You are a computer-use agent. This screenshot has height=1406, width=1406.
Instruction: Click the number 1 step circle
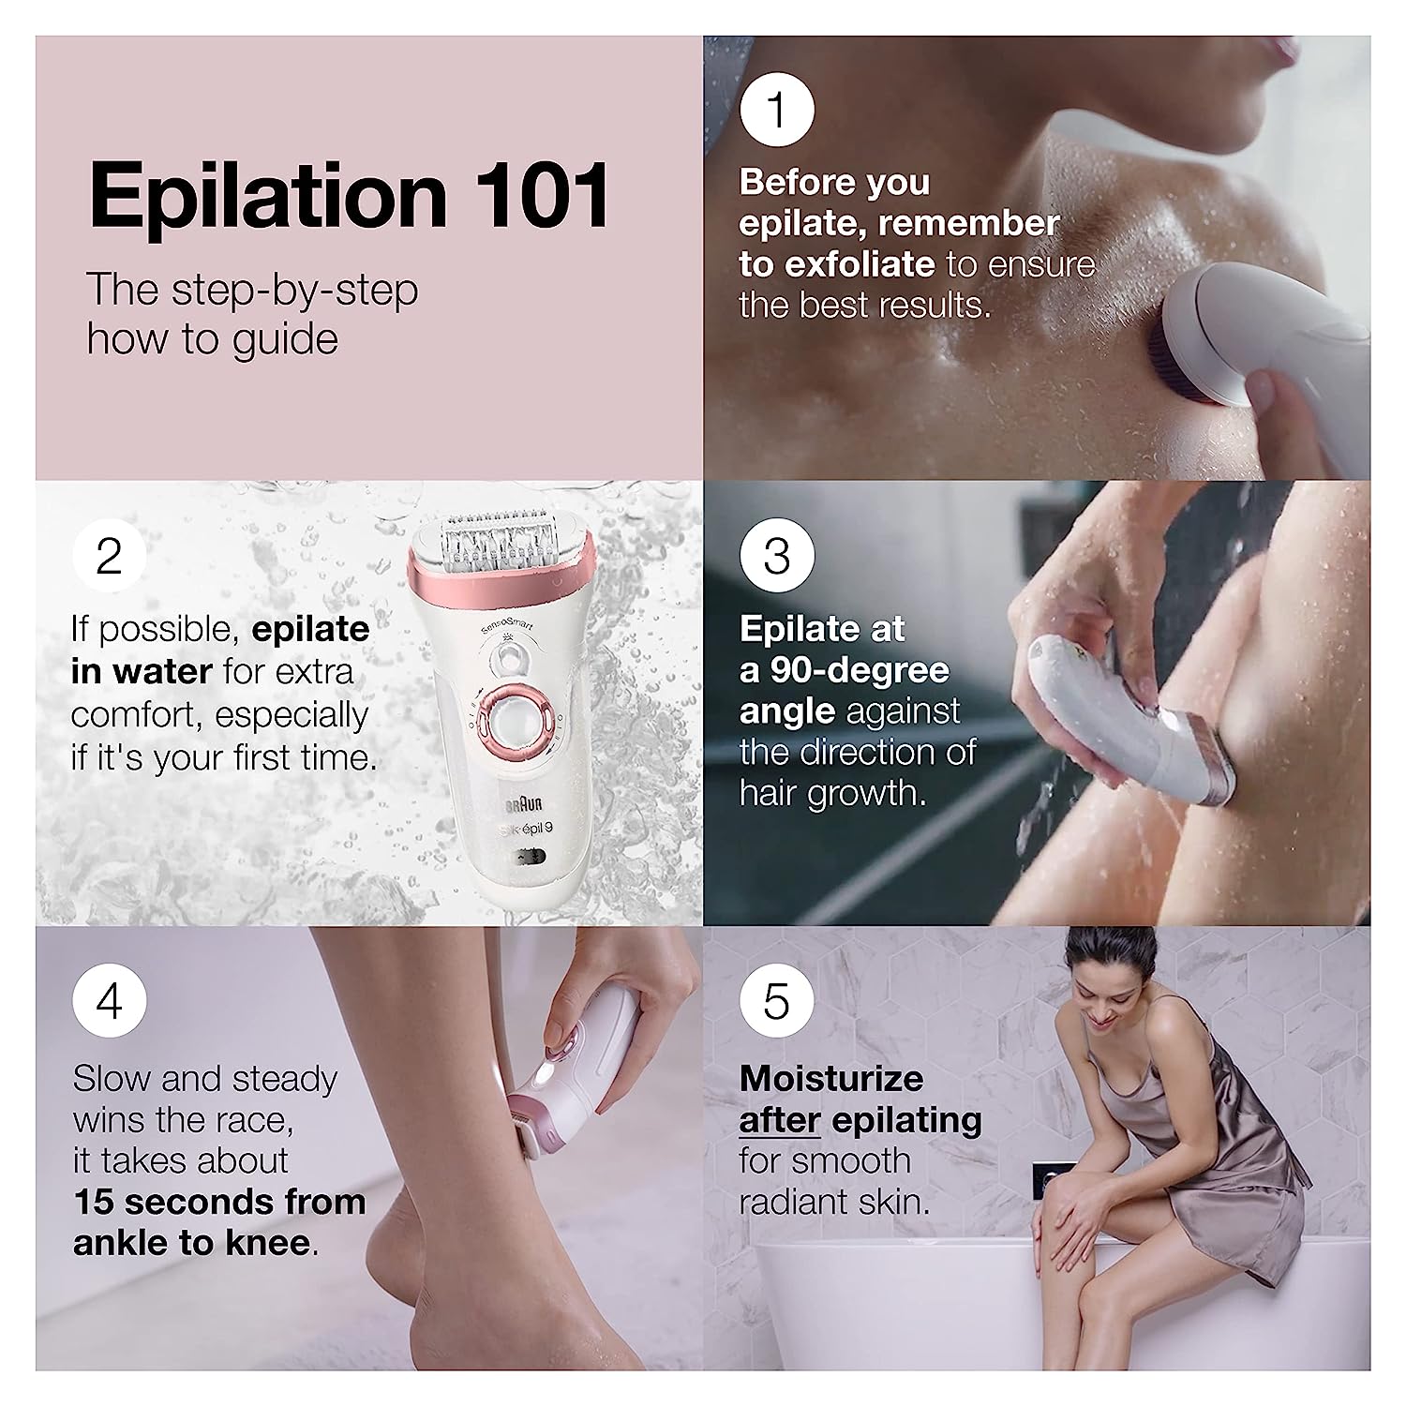pyautogui.click(x=776, y=110)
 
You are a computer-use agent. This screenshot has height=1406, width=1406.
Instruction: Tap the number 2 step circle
pyautogui.click(x=110, y=556)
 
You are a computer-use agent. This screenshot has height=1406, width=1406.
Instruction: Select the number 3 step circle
pyautogui.click(x=776, y=556)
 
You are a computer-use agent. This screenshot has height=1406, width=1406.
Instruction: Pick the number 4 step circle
pyautogui.click(x=110, y=1001)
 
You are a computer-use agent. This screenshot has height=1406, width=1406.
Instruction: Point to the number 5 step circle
pyautogui.click(x=776, y=1001)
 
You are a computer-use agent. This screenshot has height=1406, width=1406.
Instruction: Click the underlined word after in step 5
pyautogui.click(x=780, y=1120)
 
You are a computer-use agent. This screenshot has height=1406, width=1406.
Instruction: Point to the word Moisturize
pyautogui.click(x=831, y=1079)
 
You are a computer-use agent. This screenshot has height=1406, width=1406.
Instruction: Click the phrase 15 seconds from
pyautogui.click(x=219, y=1202)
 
